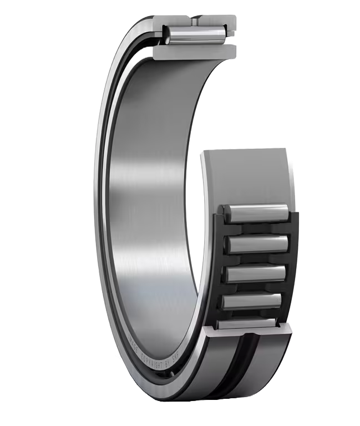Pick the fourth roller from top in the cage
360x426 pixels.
253,302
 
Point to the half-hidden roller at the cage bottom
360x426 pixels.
250,323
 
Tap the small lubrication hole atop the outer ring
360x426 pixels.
197,21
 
